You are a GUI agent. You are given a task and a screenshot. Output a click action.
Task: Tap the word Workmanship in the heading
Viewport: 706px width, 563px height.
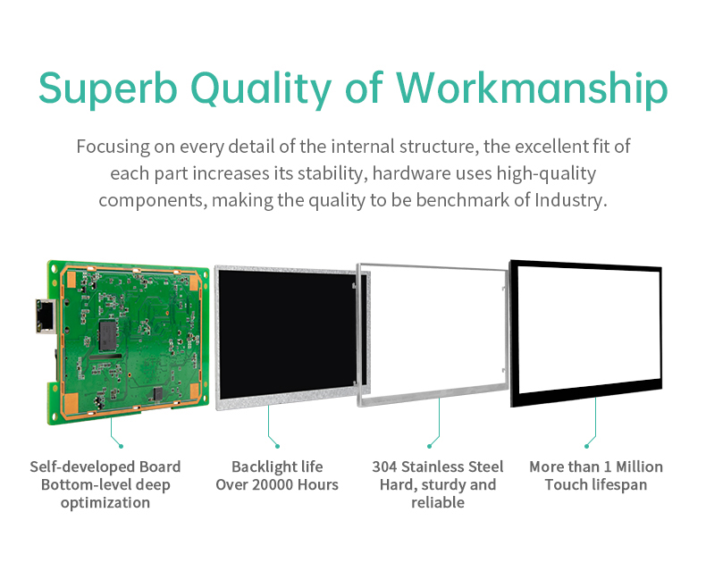click(x=532, y=88)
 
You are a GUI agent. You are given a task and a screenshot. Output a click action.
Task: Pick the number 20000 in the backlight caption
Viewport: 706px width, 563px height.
click(x=277, y=484)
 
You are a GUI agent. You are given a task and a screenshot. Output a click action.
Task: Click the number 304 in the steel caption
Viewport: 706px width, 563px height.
click(x=384, y=466)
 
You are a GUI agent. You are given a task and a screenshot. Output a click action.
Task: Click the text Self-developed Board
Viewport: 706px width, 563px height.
click(x=105, y=466)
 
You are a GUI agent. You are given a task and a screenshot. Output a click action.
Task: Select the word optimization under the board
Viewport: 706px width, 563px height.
click(x=105, y=502)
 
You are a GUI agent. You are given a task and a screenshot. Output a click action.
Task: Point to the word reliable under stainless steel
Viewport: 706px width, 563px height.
click(x=438, y=502)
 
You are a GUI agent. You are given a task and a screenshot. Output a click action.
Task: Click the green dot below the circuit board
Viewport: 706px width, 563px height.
click(x=122, y=445)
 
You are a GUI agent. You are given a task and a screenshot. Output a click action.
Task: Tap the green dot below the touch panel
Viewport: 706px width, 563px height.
click(x=587, y=445)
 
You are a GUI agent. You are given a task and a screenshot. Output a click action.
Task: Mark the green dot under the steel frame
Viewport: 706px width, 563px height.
click(x=430, y=445)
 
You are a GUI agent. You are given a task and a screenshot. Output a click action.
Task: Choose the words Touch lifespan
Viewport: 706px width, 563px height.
click(x=596, y=484)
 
